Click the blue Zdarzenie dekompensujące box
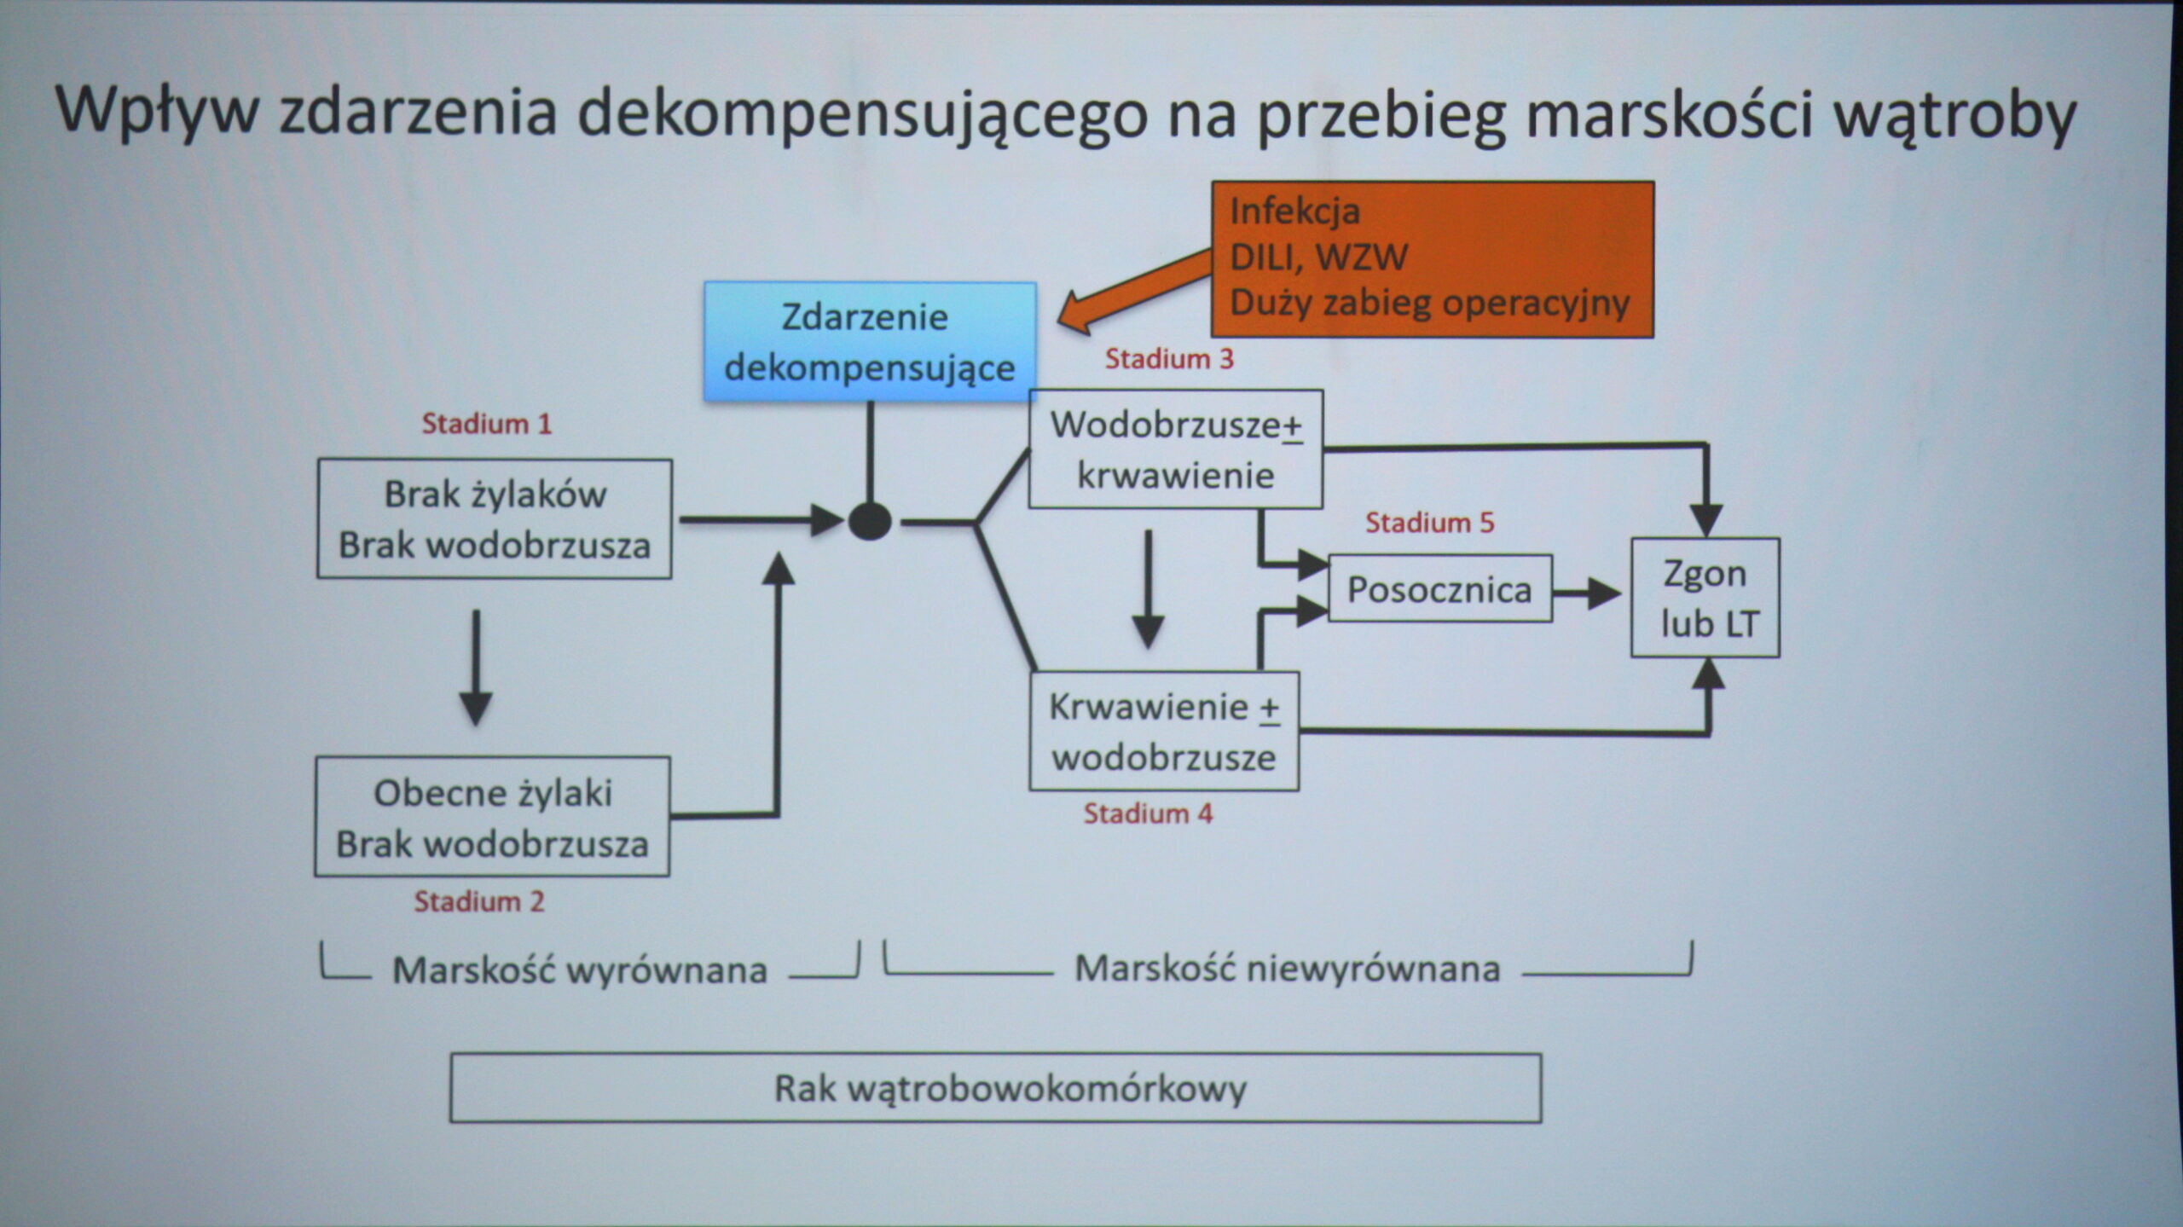pos(870,342)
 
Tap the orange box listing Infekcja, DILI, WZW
pos(1432,259)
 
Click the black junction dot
pos(870,521)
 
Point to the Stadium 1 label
pos(487,424)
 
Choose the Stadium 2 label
pos(479,901)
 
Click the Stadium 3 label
pos(1169,359)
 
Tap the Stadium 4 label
pos(1148,813)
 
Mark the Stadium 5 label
pos(1430,523)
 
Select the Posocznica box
pos(1439,589)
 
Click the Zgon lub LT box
pos(1705,598)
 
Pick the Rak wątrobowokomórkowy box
pos(995,1088)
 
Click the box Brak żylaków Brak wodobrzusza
pos(495,519)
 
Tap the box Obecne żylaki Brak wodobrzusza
pos(492,817)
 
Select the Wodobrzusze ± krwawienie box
pos(1176,449)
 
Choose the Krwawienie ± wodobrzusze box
pos(1164,732)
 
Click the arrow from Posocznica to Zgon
pos(1586,593)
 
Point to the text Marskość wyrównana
pos(580,969)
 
